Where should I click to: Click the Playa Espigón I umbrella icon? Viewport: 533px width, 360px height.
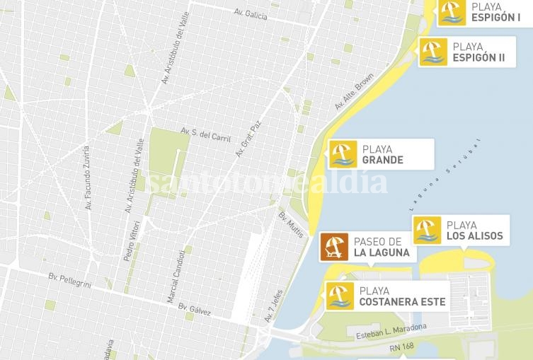[x=451, y=11]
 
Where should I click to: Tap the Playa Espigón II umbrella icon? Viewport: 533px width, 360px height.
[x=432, y=52]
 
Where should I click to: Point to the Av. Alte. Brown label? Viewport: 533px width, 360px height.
[x=354, y=92]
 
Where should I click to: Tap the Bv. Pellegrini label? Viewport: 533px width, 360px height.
[x=71, y=278]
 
